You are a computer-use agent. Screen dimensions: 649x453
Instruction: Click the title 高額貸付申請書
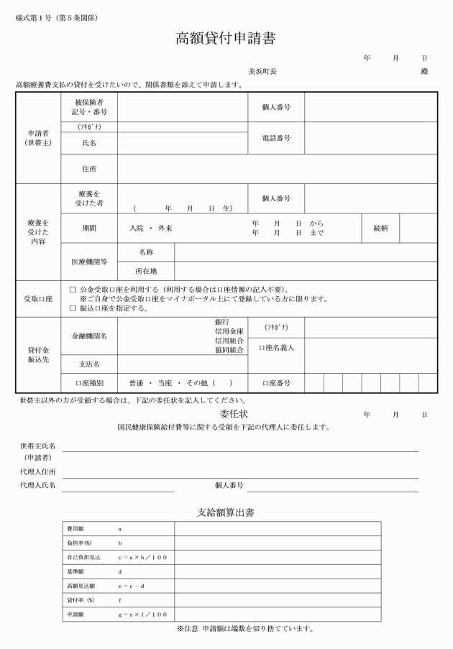pos(226,39)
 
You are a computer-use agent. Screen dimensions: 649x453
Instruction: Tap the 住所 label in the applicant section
pos(89,169)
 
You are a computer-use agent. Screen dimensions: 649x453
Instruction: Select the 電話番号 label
pos(275,137)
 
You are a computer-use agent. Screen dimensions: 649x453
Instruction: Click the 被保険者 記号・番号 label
pos(89,107)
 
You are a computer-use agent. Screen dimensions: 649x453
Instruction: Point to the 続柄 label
pos(380,228)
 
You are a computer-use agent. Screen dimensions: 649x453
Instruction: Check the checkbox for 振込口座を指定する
pos(72,308)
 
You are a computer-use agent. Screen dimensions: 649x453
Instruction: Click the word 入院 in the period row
pos(136,228)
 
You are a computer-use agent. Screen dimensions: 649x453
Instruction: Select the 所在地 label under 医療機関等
pos(146,271)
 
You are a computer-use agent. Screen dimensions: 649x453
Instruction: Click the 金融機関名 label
pos(89,336)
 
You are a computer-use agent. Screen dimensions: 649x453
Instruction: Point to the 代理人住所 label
pos(39,471)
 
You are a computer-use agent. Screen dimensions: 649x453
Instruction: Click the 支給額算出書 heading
pos(226,512)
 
